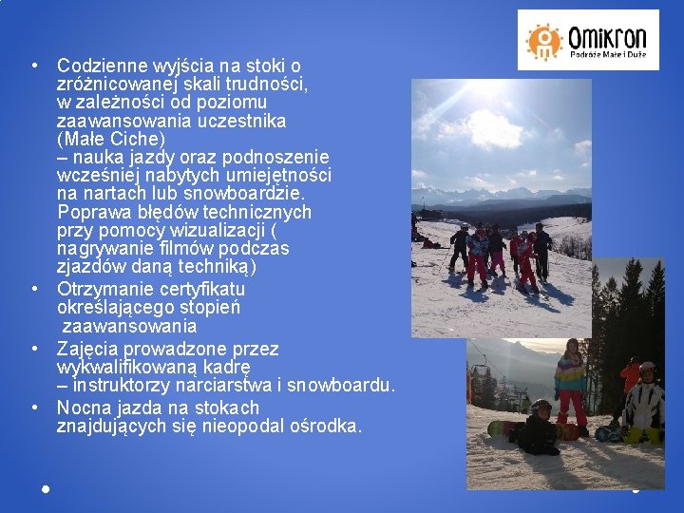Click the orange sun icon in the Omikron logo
pos(544,41)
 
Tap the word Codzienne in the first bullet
pos(95,66)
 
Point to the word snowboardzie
pos(251,194)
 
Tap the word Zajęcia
pos(88,348)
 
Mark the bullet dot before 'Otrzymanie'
pos(33,289)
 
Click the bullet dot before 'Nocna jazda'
pos(33,408)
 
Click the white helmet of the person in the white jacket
pos(648,369)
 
